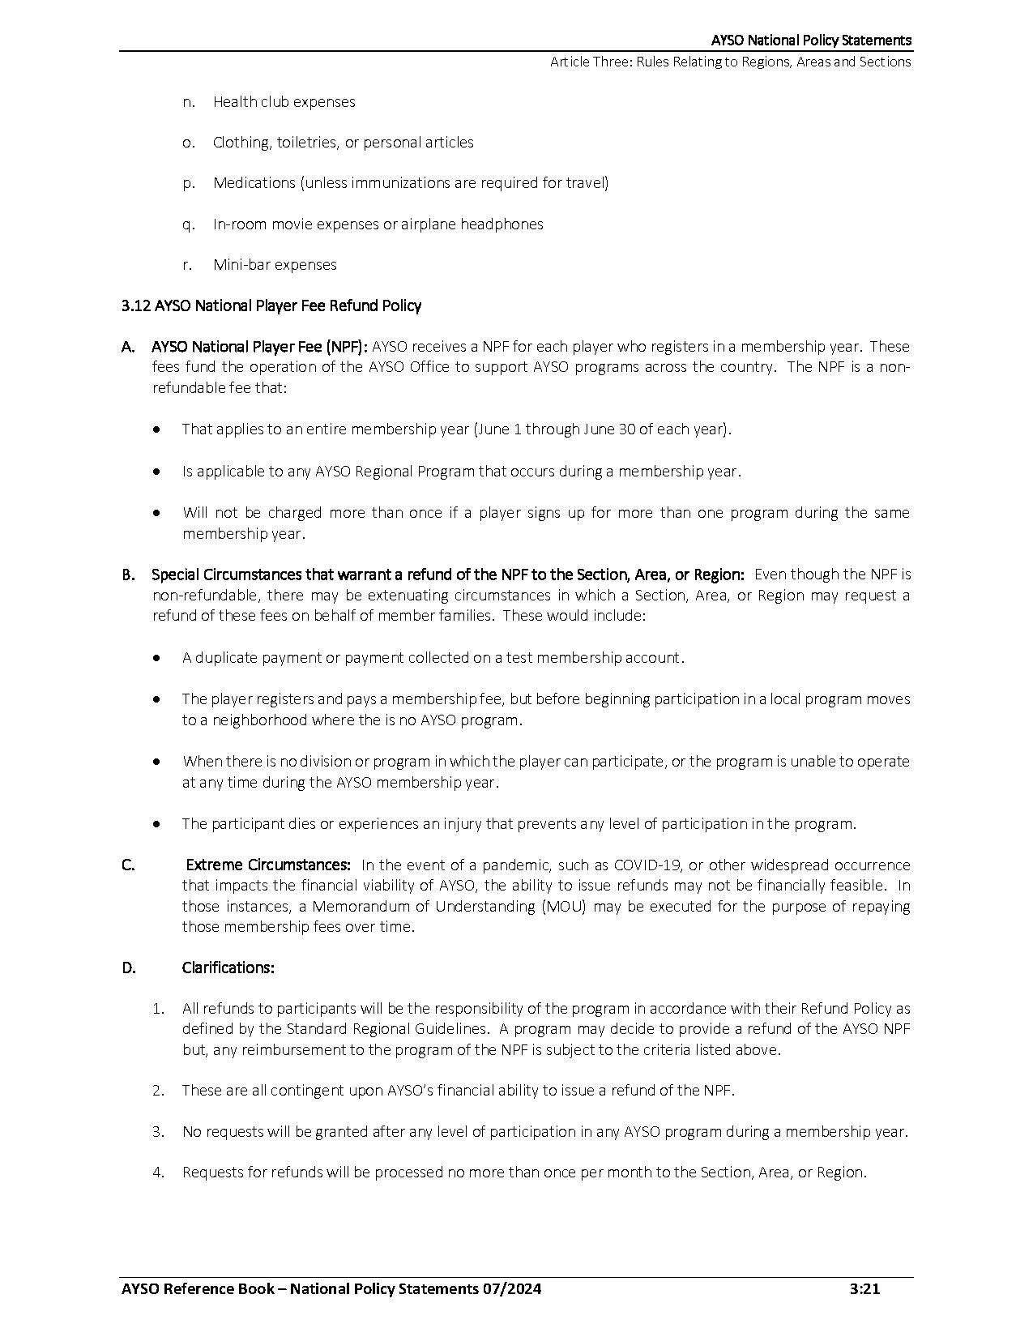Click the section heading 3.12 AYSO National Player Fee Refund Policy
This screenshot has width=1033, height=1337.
(x=271, y=305)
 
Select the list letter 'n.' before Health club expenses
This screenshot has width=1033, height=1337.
(x=189, y=102)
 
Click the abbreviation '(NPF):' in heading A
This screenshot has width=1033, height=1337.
(x=347, y=347)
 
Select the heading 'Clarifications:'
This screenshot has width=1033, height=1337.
(x=228, y=968)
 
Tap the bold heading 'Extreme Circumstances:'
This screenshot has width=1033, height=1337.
(x=268, y=865)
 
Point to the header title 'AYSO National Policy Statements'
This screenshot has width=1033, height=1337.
(x=811, y=40)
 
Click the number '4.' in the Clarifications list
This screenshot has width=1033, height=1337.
(x=158, y=1173)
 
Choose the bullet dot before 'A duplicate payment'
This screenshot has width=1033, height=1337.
(x=157, y=658)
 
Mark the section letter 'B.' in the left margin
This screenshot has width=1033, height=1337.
(x=128, y=575)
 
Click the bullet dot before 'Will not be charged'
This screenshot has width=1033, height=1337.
(x=157, y=513)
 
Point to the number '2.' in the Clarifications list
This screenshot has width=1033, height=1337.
(x=158, y=1091)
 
